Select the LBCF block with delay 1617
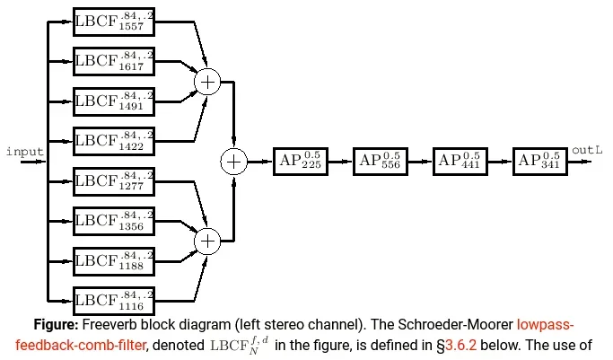pyautogui.click(x=114, y=62)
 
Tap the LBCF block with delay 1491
pyautogui.click(x=114, y=101)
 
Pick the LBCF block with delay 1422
pyautogui.click(x=114, y=139)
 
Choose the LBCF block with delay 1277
pyautogui.click(x=114, y=181)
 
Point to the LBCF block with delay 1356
pyautogui.click(x=114, y=220)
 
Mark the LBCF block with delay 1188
pyautogui.click(x=114, y=259)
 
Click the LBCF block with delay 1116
pyautogui.click(x=114, y=298)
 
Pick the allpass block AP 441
pyautogui.click(x=460, y=162)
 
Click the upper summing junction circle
pyautogui.click(x=208, y=83)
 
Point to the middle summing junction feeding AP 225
pyautogui.click(x=233, y=162)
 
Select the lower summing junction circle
pyautogui.click(x=208, y=241)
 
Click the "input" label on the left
pyautogui.click(x=24, y=151)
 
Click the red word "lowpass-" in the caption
pyautogui.click(x=545, y=324)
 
